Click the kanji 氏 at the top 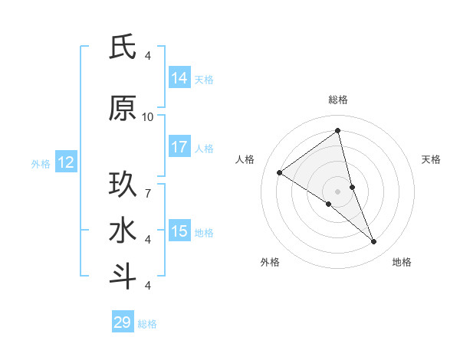[123, 47]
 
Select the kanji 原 [123, 109]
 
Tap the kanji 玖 [123, 185]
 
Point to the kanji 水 [123, 231]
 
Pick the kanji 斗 [123, 277]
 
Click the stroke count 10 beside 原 [148, 117]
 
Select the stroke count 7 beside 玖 [148, 186]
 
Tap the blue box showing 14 [179, 78]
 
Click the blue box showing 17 [179, 147]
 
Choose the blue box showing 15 [179, 231]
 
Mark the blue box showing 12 [65, 162]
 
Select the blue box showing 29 [123, 322]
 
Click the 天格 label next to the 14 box [204, 79]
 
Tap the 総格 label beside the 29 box [147, 324]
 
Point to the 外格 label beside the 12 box [40, 163]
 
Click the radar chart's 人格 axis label [245, 159]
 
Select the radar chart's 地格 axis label [402, 262]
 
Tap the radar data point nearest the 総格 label [338, 130]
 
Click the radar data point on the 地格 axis [374, 242]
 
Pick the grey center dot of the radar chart [338, 191]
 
